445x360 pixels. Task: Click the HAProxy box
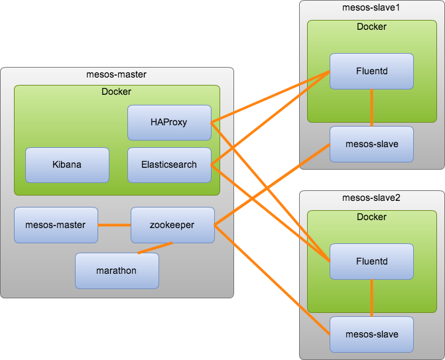coord(169,123)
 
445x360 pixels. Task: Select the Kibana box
coord(67,165)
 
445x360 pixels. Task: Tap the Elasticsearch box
coord(169,165)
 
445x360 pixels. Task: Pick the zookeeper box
coord(172,225)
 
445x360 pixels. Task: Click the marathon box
coord(117,271)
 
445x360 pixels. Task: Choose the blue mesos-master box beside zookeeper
coord(56,225)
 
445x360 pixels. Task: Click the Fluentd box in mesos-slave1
coord(371,71)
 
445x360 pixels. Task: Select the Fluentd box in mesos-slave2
coord(371,262)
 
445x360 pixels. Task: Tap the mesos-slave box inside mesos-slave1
coord(371,144)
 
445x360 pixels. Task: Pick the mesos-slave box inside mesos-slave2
coord(371,334)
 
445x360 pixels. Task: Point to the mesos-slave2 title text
coord(371,198)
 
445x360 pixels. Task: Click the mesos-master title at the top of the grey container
coord(116,74)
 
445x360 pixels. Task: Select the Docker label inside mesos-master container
coord(116,91)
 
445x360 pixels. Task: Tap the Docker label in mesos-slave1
coord(371,27)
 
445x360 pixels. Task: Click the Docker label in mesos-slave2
coord(371,217)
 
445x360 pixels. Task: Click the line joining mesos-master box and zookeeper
coord(114,225)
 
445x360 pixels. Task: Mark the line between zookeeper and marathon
coord(155,248)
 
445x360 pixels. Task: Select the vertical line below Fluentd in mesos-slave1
coord(371,108)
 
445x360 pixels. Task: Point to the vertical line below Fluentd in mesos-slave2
coord(371,298)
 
